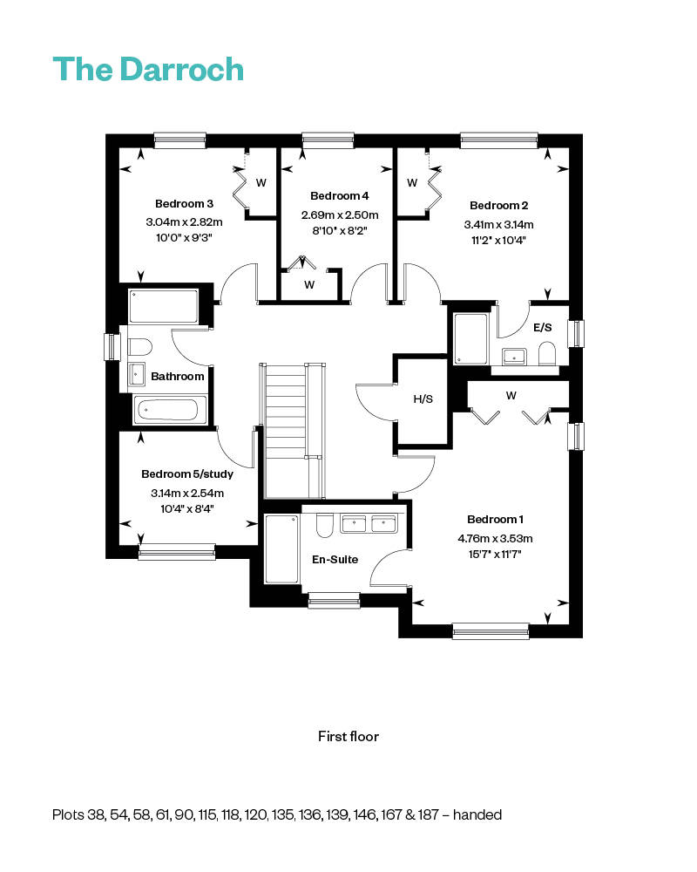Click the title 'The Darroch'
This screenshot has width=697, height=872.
point(148,69)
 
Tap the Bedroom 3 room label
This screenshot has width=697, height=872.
point(184,203)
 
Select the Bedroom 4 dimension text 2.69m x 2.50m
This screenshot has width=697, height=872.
point(340,215)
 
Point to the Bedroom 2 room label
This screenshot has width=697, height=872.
point(498,205)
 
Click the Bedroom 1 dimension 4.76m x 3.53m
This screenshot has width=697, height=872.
point(495,538)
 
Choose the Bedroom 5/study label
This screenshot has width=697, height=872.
point(186,473)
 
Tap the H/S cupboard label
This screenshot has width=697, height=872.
point(423,399)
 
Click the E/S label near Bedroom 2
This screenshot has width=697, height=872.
point(543,328)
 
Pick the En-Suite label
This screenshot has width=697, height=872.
point(335,560)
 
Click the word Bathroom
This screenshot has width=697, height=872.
point(178,377)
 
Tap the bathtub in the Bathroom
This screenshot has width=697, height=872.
point(170,410)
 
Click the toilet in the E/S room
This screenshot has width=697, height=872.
point(547,354)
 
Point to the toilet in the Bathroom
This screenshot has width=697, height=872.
point(139,347)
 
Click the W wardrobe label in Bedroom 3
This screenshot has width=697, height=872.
point(261,182)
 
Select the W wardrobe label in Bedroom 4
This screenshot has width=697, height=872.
point(309,285)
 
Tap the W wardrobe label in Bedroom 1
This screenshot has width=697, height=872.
point(511,395)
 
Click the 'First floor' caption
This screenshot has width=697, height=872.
point(348,736)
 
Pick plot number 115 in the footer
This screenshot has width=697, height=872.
point(206,814)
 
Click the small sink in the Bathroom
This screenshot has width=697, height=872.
point(137,374)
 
